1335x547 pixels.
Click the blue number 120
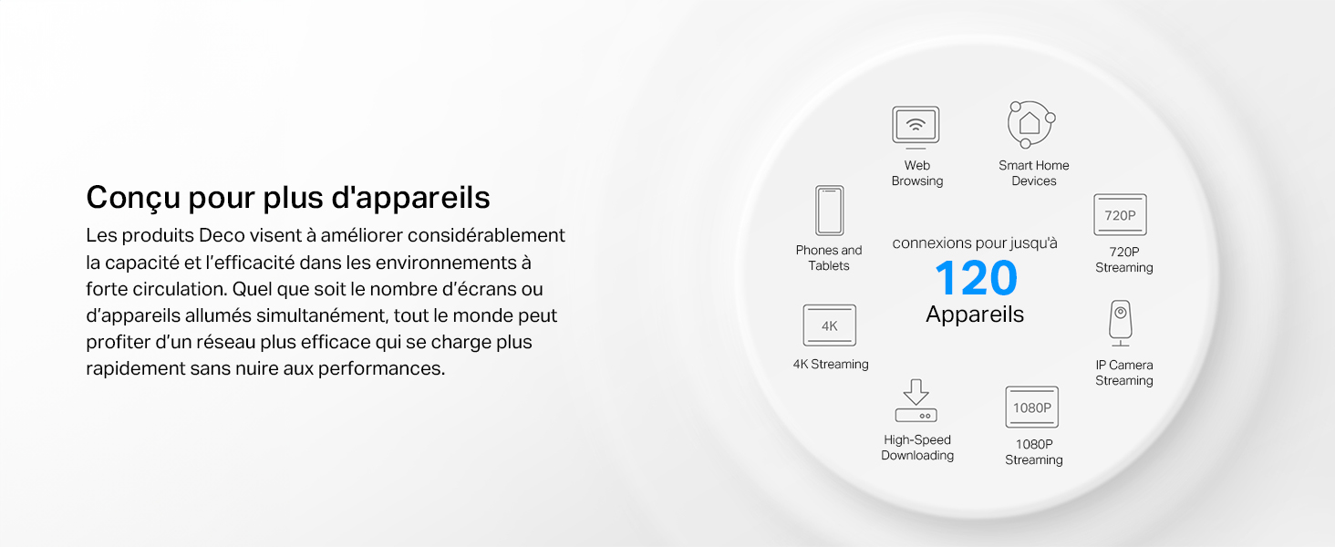point(976,278)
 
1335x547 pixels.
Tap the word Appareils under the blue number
point(975,314)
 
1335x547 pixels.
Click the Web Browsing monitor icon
point(916,128)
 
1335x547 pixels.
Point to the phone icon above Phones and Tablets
point(829,211)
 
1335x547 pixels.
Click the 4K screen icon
point(829,325)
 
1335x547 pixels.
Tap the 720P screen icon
point(1120,214)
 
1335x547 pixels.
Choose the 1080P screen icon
point(1031,407)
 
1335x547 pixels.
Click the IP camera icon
point(1121,323)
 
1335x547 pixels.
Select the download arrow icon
point(916,400)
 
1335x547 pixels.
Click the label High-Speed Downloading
point(917,448)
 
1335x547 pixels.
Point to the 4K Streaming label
point(830,364)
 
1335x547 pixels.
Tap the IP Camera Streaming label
point(1124,372)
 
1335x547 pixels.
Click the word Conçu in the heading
point(133,198)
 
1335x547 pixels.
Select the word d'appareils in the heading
point(410,198)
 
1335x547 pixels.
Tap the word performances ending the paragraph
point(381,369)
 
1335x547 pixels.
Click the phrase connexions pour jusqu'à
point(975,243)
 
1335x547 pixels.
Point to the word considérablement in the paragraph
point(486,235)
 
